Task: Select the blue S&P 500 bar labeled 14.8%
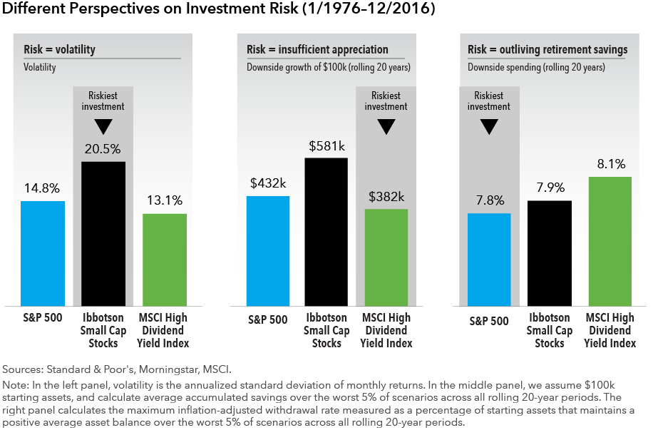pyautogui.click(x=43, y=253)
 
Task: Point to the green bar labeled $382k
pyautogui.click(x=386, y=257)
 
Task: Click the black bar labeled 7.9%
pyautogui.click(x=550, y=253)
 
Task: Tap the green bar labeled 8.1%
pyautogui.click(x=610, y=241)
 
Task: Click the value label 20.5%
pyautogui.click(x=103, y=150)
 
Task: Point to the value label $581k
pyautogui.click(x=326, y=145)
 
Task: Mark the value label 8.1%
pyautogui.click(x=610, y=165)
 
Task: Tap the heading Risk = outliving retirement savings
pyautogui.click(x=547, y=50)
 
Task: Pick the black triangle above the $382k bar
pyautogui.click(x=386, y=127)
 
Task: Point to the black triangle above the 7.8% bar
pyautogui.click(x=489, y=127)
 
